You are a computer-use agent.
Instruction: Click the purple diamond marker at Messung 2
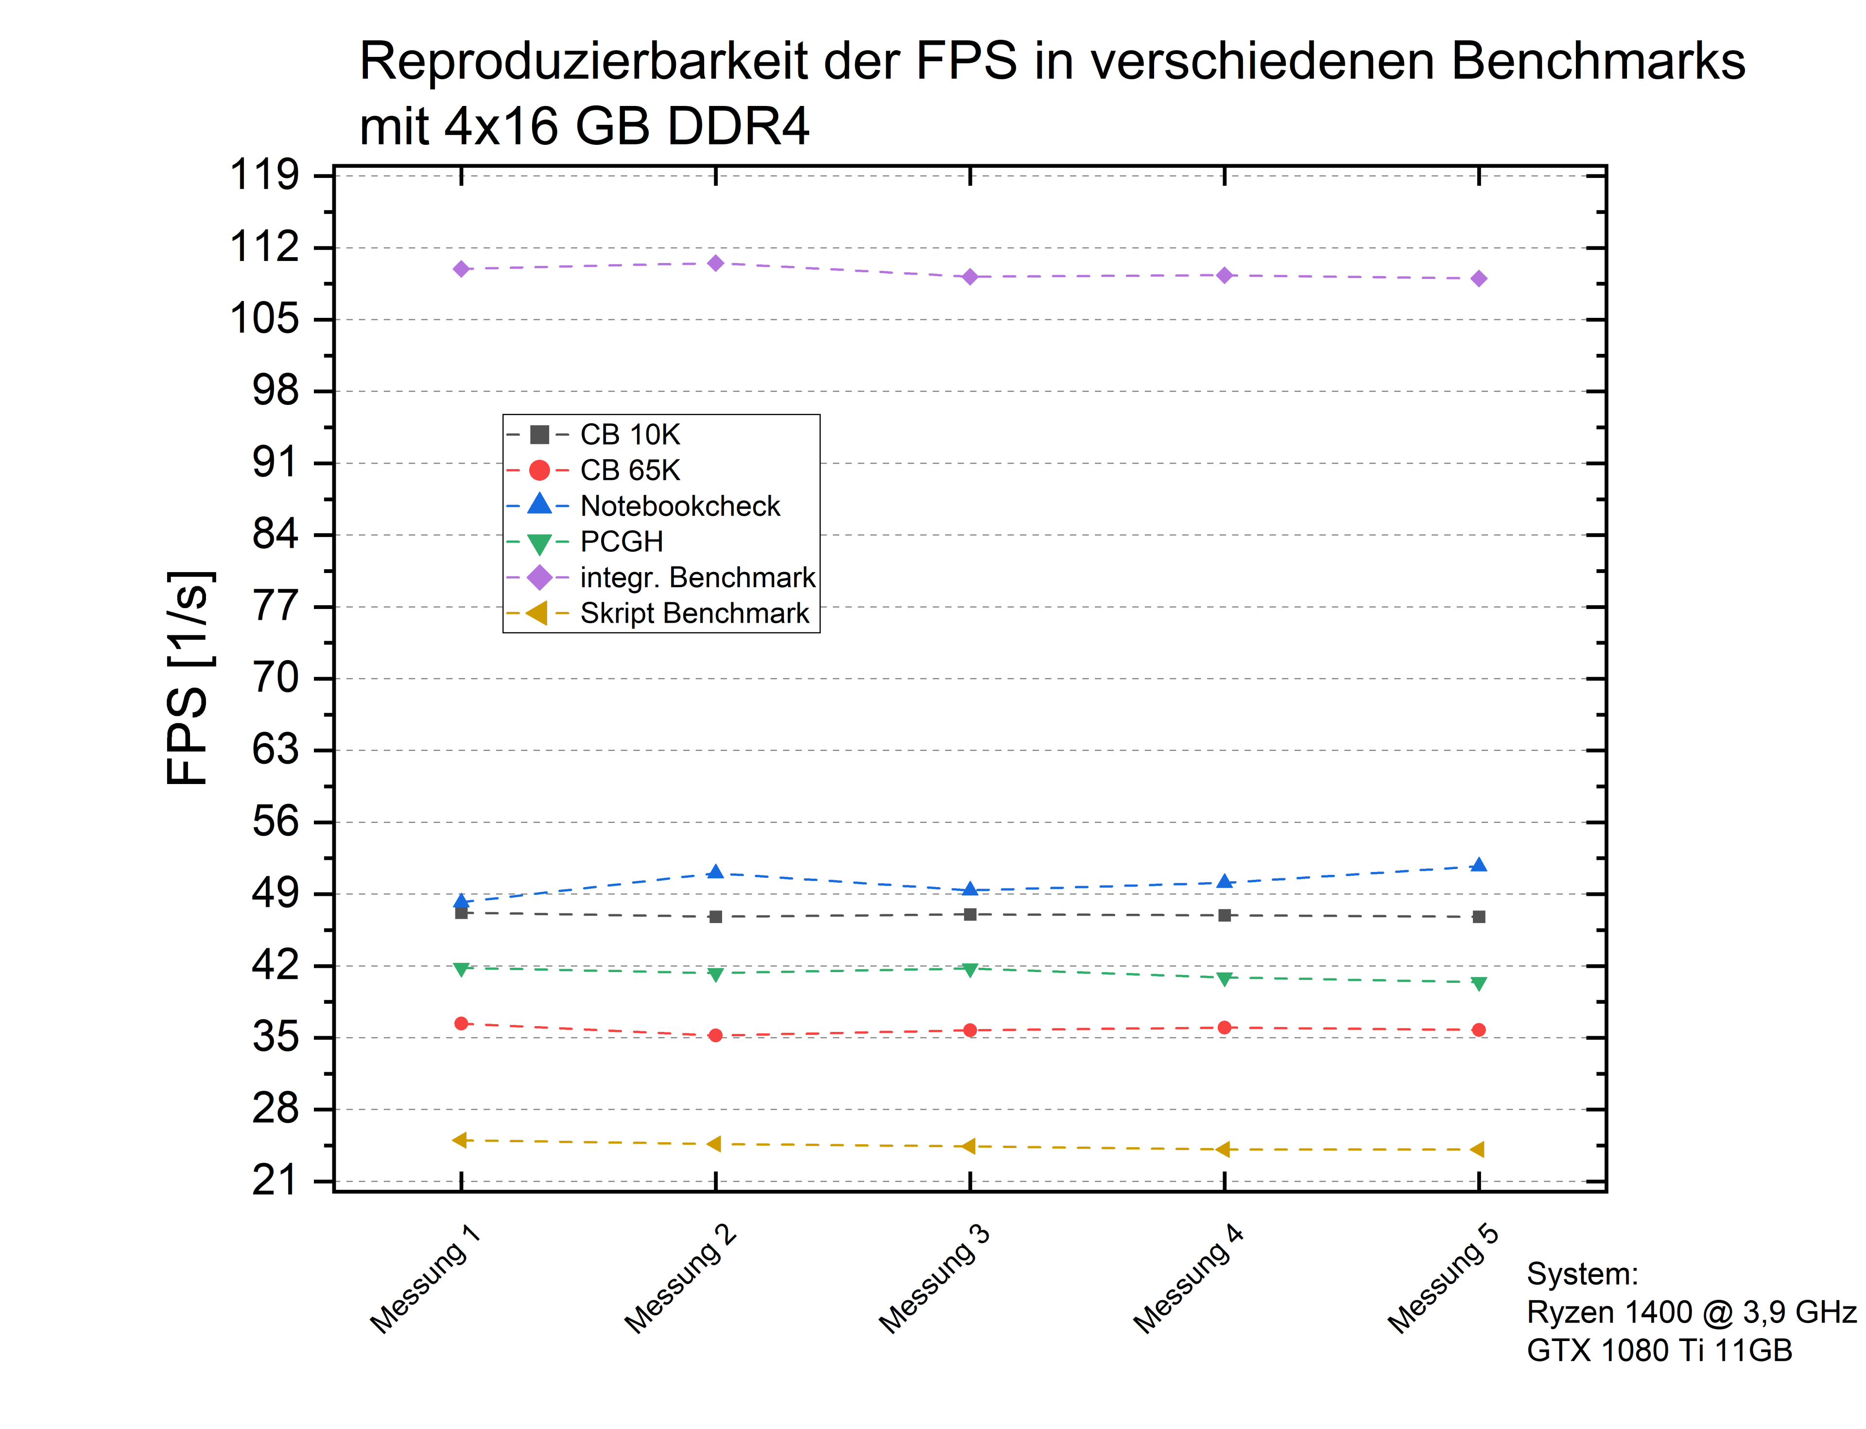click(x=715, y=263)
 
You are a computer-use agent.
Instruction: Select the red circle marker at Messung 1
click(x=461, y=1023)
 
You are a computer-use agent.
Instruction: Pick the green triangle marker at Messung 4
click(x=1224, y=979)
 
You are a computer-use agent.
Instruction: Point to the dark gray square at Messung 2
click(x=715, y=917)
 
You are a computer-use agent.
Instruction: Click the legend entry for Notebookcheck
click(x=679, y=506)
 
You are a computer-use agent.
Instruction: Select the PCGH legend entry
click(x=621, y=542)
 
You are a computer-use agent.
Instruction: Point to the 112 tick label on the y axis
click(x=264, y=247)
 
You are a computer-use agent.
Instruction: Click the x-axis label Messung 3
click(x=934, y=1280)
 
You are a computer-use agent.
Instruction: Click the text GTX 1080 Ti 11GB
click(x=1659, y=1350)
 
